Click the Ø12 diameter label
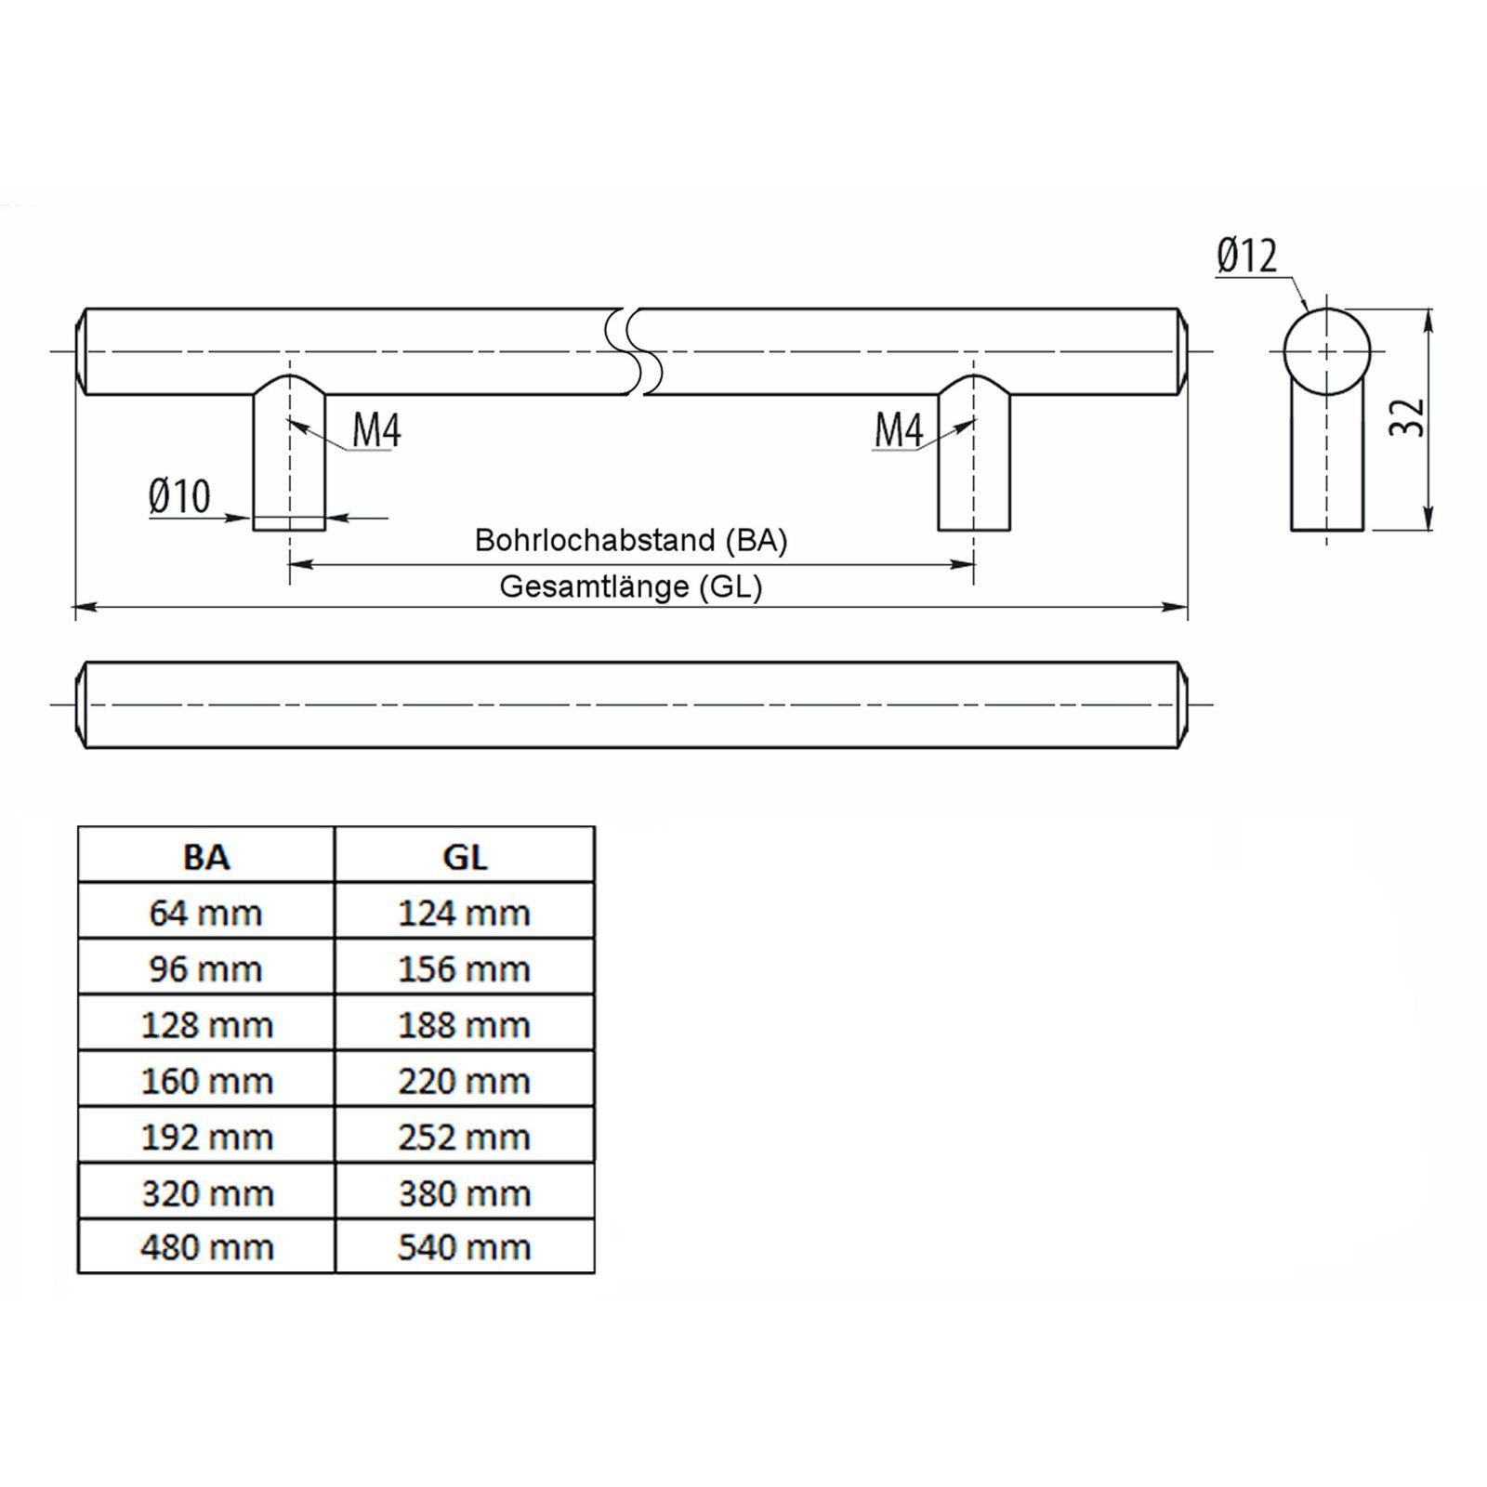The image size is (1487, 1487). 1246,257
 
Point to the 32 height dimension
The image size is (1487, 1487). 1408,417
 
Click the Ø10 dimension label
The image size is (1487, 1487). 179,496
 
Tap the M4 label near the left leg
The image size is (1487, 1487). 376,430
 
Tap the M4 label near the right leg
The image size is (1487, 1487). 899,430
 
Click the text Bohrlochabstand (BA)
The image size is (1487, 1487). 631,541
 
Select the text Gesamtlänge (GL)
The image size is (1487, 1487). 631,587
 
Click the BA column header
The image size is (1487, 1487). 206,856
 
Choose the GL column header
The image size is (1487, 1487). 465,856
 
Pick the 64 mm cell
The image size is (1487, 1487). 206,913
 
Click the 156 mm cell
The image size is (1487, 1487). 465,969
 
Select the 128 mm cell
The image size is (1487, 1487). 206,1025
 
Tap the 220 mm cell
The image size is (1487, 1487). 465,1081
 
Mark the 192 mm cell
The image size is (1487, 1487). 206,1137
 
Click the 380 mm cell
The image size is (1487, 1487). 465,1192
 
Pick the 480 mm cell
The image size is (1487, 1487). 206,1247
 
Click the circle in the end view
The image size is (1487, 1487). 1326,352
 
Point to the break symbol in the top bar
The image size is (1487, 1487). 635,351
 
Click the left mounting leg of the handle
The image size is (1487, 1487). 289,460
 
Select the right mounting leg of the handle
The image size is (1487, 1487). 973,460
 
